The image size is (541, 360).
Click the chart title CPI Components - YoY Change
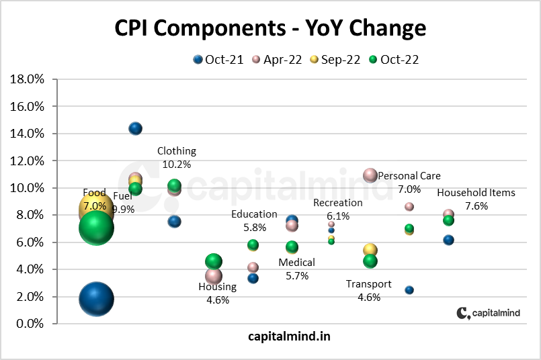270,28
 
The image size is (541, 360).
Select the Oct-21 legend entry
219,60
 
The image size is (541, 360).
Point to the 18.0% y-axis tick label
28,79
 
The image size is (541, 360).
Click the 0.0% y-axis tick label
30,324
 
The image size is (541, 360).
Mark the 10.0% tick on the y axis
28,188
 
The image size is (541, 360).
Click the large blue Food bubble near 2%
96,299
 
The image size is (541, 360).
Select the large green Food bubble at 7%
96,228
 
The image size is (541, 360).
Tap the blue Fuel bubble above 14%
135,128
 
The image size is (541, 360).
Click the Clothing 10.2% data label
177,158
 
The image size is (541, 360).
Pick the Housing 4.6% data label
217,294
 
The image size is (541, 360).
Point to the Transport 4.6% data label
368,291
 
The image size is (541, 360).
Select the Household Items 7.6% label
476,199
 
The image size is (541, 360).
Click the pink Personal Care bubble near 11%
370,175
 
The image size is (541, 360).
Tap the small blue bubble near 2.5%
409,290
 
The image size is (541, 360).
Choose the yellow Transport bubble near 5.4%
370,251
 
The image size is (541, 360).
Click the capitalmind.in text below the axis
289,335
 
